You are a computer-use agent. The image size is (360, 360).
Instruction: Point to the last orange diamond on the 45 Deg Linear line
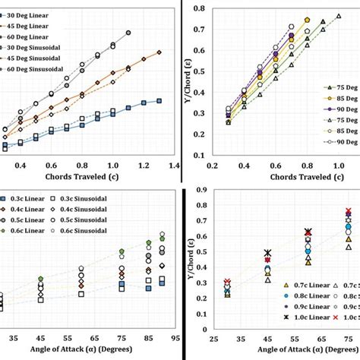pos(159,52)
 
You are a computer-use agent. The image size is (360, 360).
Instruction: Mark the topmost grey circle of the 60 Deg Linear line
pos(128,33)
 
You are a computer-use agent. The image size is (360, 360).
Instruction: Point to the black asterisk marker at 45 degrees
pos(267,253)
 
